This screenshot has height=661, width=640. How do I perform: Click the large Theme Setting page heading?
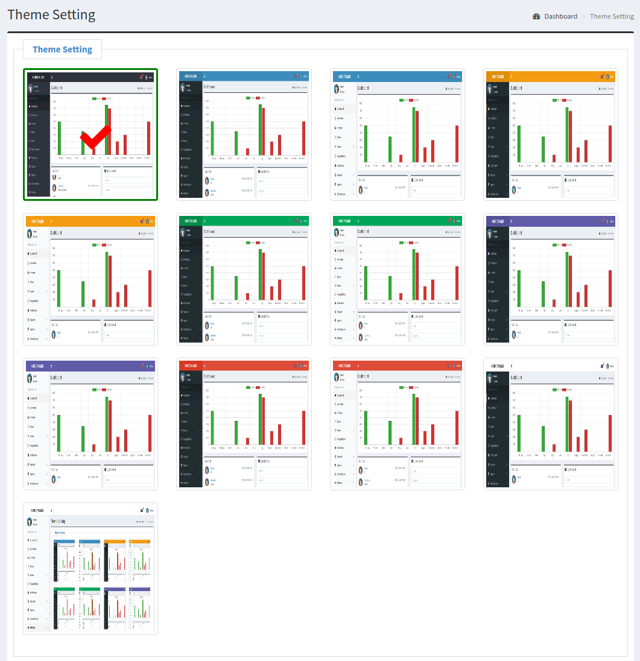tap(51, 15)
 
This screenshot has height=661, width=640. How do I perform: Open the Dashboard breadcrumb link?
tap(560, 16)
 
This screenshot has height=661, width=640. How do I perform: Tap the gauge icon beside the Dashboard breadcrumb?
tap(536, 16)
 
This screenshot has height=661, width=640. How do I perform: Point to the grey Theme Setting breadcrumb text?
tap(612, 16)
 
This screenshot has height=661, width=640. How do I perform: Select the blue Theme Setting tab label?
tap(62, 49)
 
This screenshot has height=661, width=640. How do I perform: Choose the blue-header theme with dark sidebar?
tap(244, 134)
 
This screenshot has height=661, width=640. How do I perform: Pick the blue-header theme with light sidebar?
tap(398, 134)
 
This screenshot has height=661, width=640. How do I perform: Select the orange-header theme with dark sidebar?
tap(551, 134)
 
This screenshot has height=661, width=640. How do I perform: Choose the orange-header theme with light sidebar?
tap(90, 279)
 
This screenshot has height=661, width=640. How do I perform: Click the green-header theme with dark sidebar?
tap(244, 279)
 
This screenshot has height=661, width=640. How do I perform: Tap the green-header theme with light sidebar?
tap(398, 279)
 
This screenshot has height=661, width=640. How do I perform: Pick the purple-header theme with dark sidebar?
tap(551, 279)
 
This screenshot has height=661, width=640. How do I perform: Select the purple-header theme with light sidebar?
tap(90, 424)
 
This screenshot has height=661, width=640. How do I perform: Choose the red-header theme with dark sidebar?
tap(244, 424)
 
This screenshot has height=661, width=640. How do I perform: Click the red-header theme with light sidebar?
tap(398, 424)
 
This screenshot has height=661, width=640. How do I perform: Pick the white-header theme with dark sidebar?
tap(551, 424)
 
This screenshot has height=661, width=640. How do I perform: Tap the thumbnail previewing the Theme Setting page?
tap(90, 569)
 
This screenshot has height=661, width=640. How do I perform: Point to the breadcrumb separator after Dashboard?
tap(583, 16)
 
